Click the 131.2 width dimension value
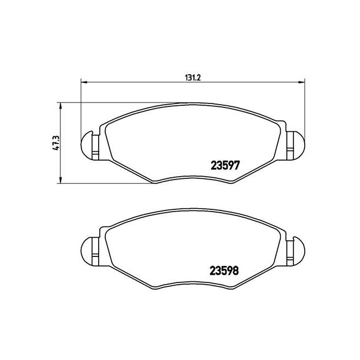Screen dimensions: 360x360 click(193, 78)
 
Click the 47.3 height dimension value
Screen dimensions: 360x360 click(56, 143)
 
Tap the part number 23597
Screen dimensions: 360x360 click(225, 165)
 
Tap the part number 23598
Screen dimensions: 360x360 click(224, 271)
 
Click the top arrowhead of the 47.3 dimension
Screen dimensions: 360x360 click(60, 106)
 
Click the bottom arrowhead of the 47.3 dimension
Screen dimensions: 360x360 click(60, 180)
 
